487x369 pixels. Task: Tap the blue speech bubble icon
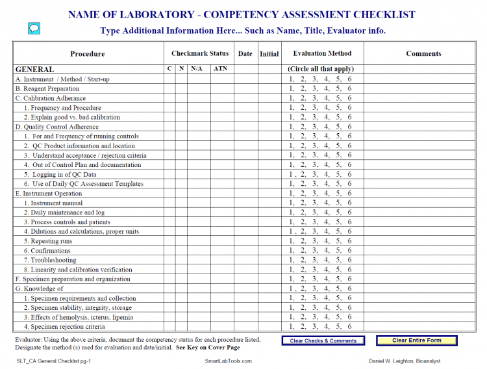click(x=34, y=28)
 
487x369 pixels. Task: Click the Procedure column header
click(x=87, y=54)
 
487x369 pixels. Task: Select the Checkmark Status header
click(x=200, y=53)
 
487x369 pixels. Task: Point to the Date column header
click(x=245, y=53)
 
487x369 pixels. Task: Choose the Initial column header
click(x=269, y=54)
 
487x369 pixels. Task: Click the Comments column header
click(x=423, y=53)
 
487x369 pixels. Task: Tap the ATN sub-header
click(x=221, y=69)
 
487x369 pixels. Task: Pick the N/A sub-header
click(x=197, y=69)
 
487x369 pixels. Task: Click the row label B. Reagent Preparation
click(x=47, y=88)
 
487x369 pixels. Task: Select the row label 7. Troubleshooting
click(x=50, y=260)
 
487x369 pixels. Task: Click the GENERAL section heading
click(x=34, y=70)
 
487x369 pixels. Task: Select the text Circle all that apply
click(x=321, y=69)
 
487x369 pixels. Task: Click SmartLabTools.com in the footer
click(x=228, y=361)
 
